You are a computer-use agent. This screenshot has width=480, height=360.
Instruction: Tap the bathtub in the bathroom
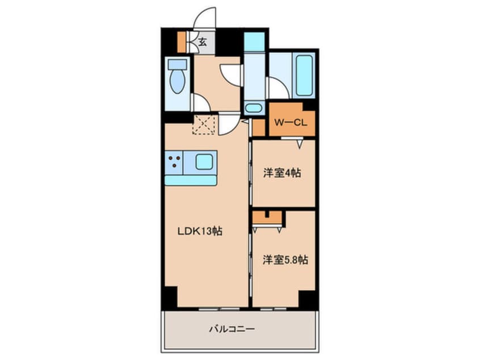pos(305,75)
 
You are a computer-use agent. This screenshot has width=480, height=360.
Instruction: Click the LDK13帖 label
pos(200,232)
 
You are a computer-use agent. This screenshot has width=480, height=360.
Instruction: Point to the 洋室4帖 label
pos(281,173)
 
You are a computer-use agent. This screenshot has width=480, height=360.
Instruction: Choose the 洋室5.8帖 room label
pos(285,260)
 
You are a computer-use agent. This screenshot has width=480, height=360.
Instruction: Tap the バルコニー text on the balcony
pos(232,328)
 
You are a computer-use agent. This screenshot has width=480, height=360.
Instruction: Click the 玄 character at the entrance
pos(203,41)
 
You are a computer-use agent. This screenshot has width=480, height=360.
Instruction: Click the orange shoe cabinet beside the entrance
pos(182,41)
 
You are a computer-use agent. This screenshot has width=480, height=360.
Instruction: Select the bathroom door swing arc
pos(276,88)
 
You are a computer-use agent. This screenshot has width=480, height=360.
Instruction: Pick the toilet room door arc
pos(200,103)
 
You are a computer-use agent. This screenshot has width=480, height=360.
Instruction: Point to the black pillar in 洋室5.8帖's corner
pos(306,299)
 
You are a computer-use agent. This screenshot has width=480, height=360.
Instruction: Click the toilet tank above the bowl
pos(178,64)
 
